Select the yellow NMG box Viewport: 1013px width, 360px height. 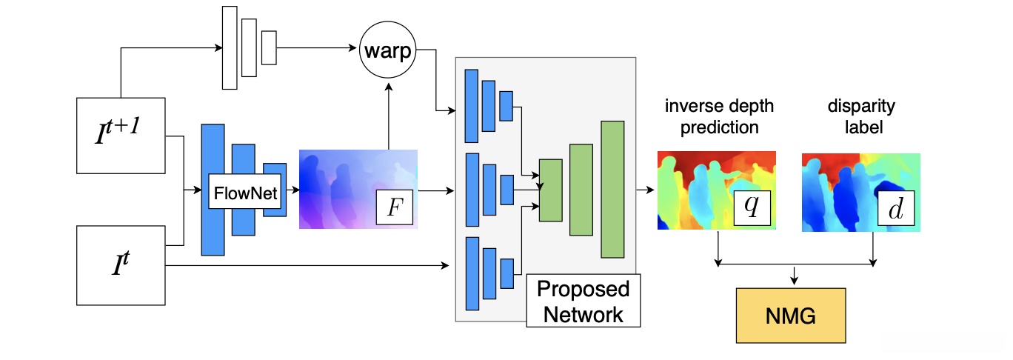click(791, 316)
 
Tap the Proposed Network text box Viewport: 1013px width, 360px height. click(583, 301)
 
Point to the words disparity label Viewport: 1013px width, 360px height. click(861, 116)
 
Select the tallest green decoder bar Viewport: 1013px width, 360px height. click(612, 189)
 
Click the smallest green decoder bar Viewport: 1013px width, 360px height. click(550, 190)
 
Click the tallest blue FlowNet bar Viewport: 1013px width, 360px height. click(213, 190)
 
